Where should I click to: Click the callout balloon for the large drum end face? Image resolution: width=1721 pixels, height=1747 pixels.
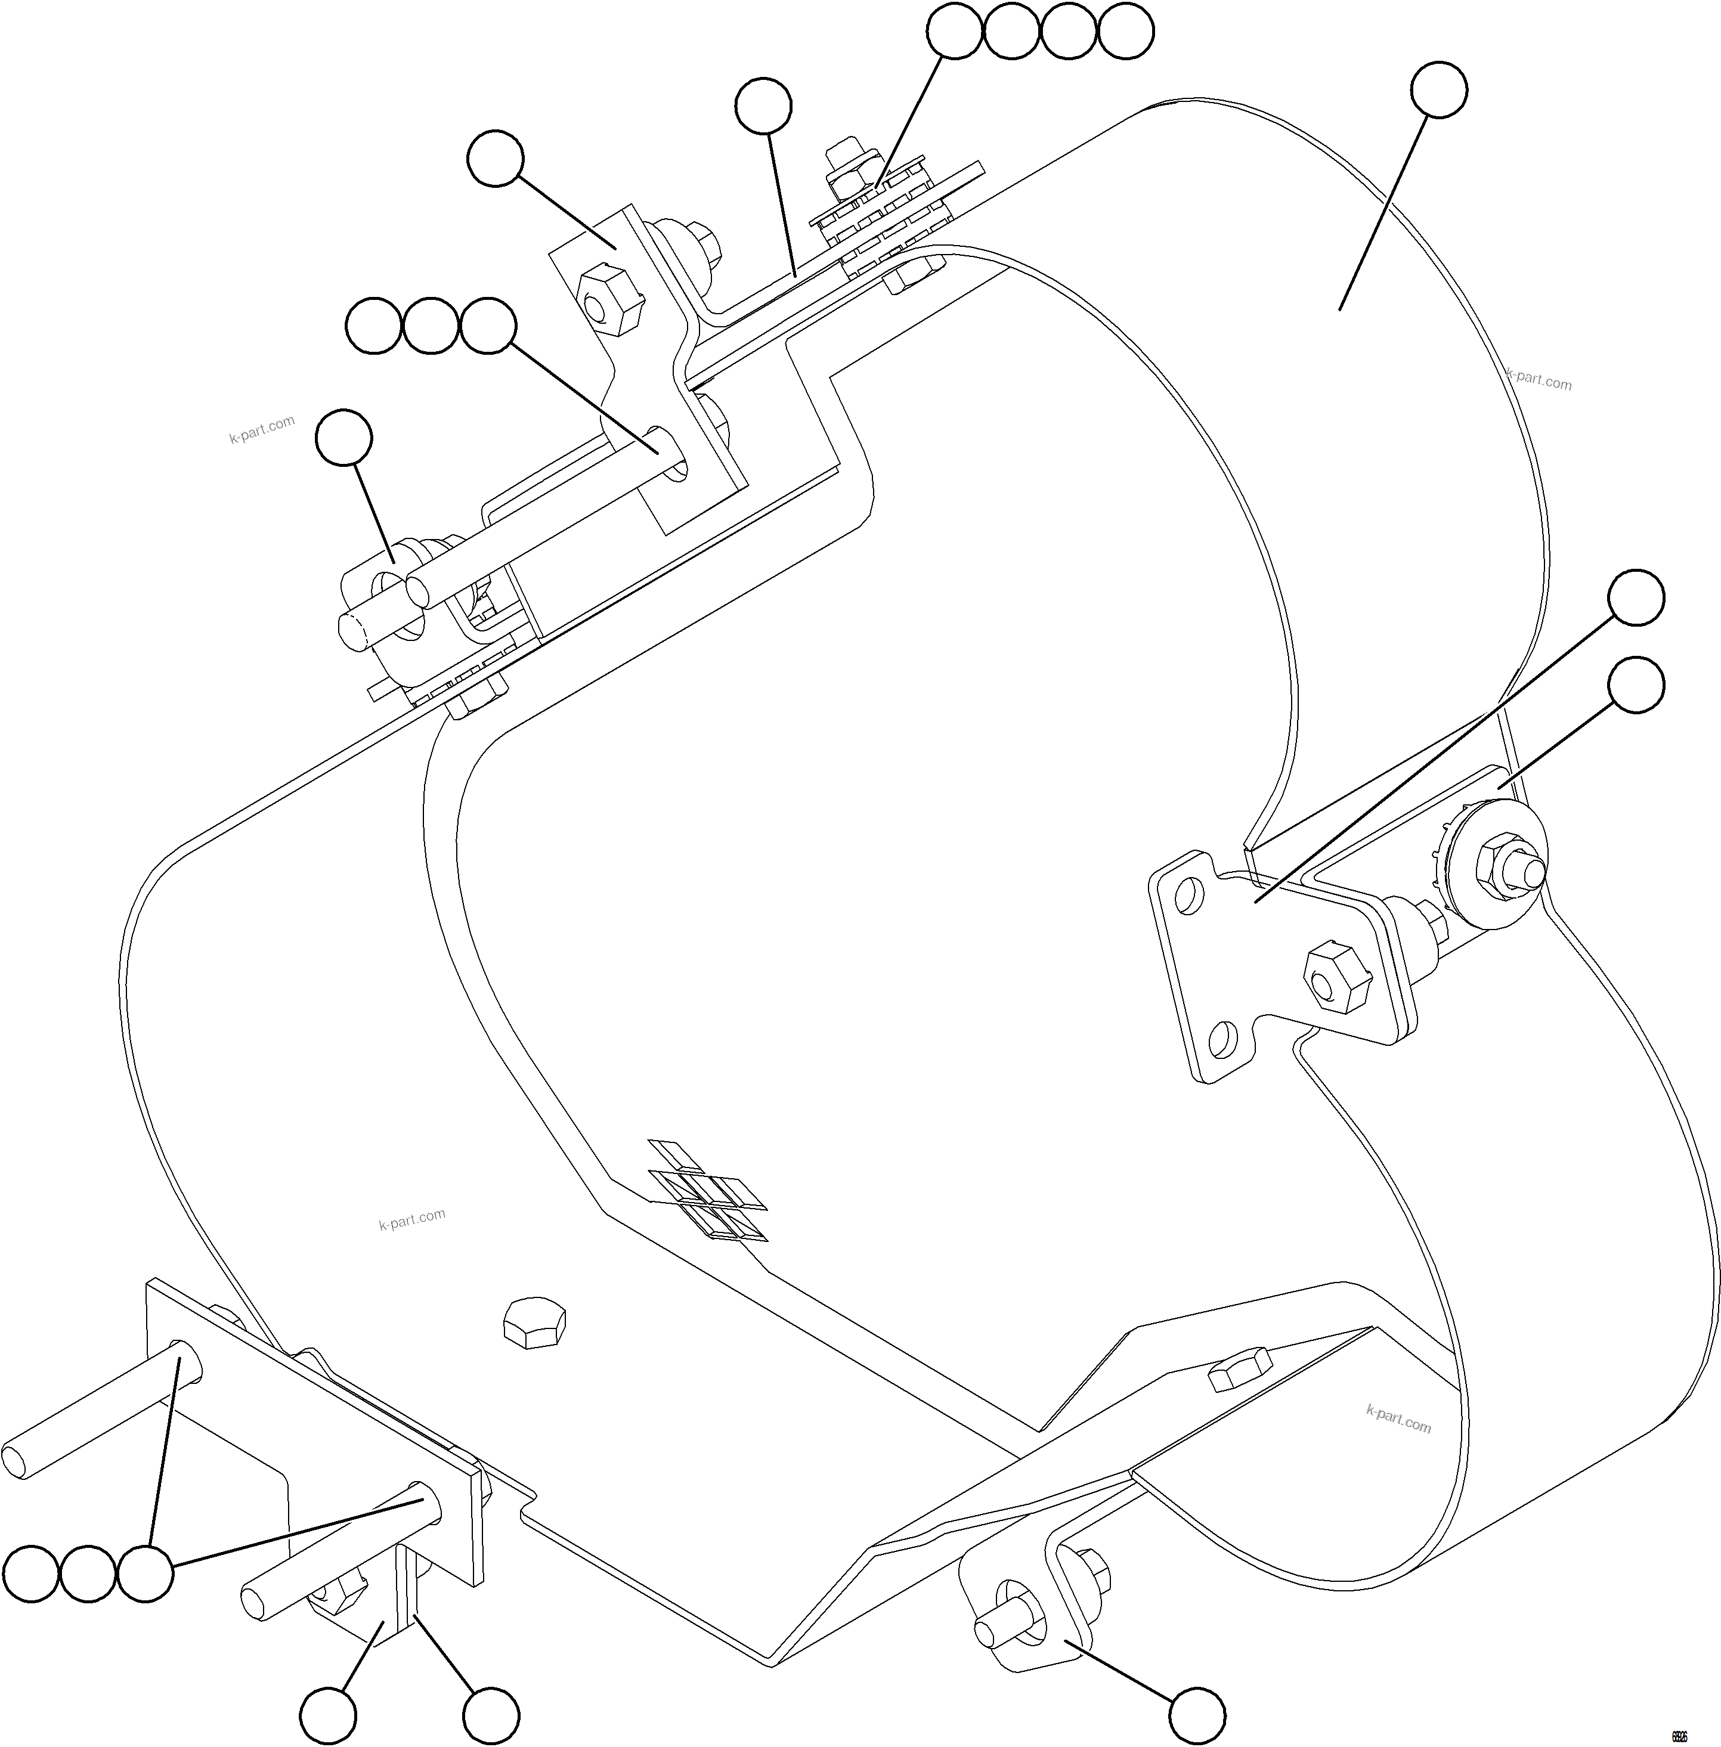[1439, 89]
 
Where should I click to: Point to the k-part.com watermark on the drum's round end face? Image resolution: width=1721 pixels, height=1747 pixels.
[1539, 380]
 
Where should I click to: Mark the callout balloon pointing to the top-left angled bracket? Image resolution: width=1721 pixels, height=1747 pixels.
[496, 160]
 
